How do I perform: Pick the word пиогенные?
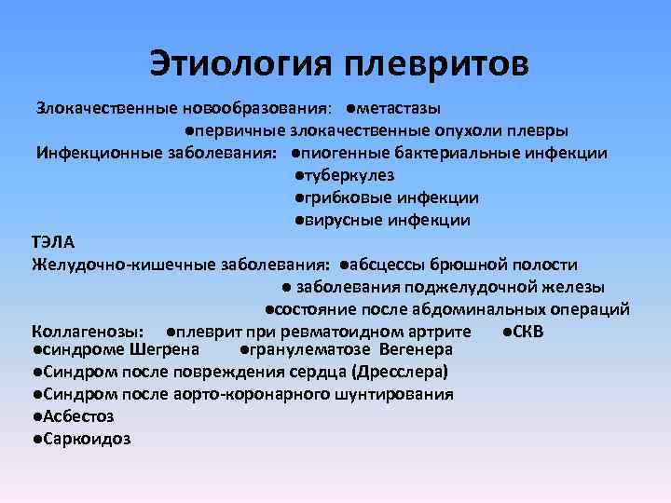click(338, 154)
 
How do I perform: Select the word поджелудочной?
click(495, 287)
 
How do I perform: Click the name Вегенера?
click(416, 350)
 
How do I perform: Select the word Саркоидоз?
click(84, 439)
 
